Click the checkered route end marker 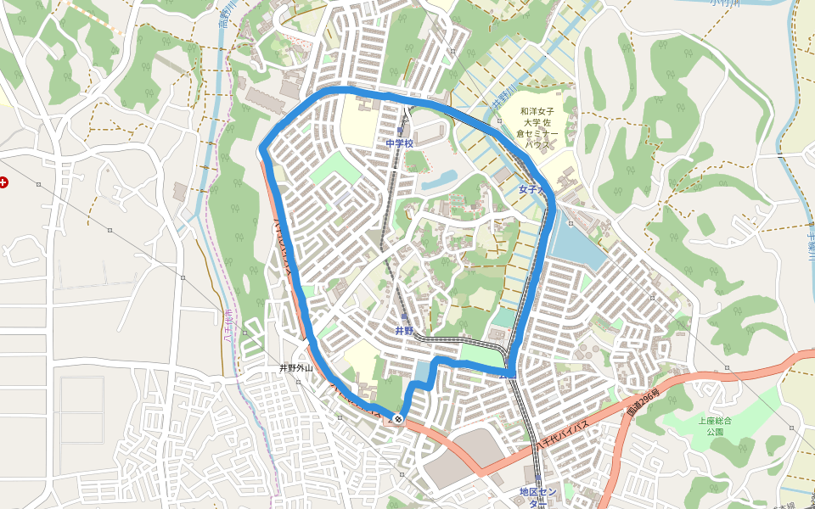tap(398, 418)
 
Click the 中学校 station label tap(399, 143)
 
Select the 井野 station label tap(404, 330)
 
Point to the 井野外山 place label tap(296, 368)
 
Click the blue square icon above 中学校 tap(400, 131)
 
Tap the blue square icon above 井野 tap(404, 316)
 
